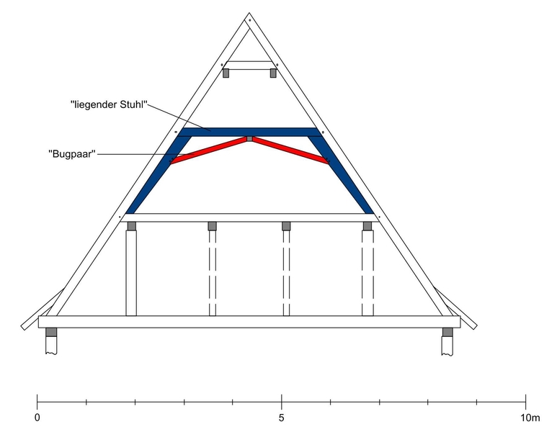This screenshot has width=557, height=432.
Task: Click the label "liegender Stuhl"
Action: click(109, 104)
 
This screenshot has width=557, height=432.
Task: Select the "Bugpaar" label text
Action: click(72, 154)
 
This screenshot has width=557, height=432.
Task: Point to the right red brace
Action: click(291, 150)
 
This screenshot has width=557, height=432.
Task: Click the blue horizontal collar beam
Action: click(249, 132)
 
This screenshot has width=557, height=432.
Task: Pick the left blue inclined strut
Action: click(159, 175)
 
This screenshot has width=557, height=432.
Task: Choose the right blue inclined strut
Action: click(341, 175)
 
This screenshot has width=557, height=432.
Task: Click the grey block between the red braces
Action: click(250, 138)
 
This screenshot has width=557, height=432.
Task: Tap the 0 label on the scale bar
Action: click(37, 418)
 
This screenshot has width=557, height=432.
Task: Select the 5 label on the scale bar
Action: click(281, 418)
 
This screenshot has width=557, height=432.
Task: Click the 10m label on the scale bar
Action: click(530, 418)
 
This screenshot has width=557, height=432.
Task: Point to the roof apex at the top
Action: click(249, 14)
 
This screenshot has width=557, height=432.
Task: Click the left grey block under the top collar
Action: click(226, 73)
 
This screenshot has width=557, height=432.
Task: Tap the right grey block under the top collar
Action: click(273, 73)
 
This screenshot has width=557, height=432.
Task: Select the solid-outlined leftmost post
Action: click(131, 273)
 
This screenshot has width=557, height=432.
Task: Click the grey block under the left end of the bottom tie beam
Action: click(51, 332)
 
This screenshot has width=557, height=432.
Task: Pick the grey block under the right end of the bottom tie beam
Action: click(447, 332)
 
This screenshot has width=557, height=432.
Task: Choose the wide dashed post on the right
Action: click(367, 273)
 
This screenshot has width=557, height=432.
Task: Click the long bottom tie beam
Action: click(249, 322)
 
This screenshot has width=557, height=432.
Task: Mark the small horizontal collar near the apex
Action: click(249, 66)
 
